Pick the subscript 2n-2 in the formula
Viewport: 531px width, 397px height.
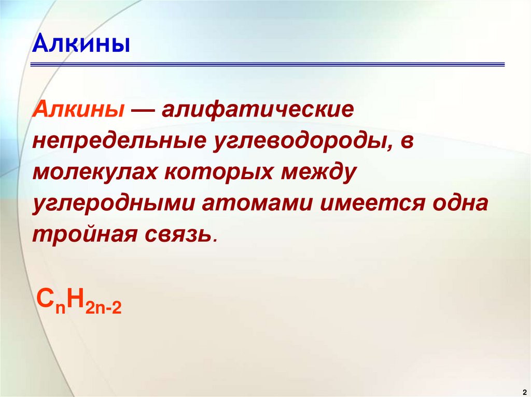tap(104, 308)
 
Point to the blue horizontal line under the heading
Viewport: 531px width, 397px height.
tap(268, 65)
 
